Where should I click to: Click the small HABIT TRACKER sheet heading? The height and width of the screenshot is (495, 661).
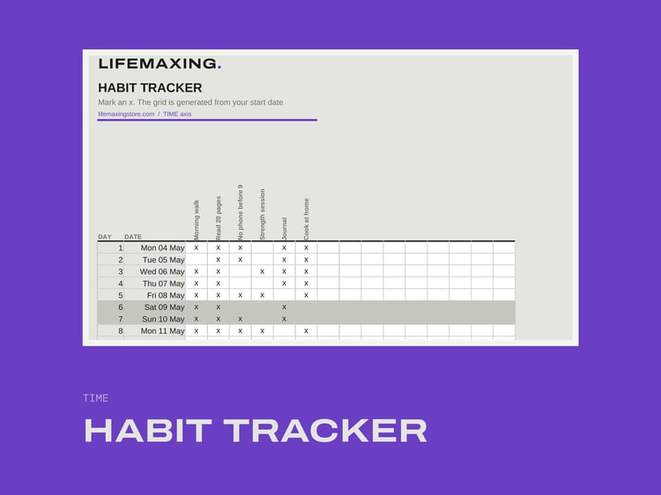point(150,87)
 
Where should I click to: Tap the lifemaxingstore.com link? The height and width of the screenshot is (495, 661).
point(126,115)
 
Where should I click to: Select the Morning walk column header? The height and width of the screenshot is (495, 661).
point(197,220)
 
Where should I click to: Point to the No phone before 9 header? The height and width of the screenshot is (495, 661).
point(241,212)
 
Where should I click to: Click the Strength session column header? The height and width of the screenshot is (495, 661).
point(263,214)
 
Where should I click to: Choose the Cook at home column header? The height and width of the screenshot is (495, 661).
point(306,219)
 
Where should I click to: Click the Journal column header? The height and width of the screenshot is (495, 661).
point(284,229)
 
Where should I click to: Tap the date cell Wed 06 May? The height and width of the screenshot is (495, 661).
point(162,272)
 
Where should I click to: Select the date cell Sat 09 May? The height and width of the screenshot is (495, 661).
point(165,307)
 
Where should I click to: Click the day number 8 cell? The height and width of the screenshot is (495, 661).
point(121,331)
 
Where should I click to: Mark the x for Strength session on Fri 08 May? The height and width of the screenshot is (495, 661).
point(263,295)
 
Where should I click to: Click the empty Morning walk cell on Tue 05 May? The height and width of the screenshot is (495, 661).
point(197,260)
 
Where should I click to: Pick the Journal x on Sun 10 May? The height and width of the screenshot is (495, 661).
point(284,319)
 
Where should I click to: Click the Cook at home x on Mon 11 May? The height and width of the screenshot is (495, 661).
point(306,331)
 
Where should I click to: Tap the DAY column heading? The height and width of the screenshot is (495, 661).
point(105,237)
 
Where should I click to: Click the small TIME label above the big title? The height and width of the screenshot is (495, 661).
point(96,398)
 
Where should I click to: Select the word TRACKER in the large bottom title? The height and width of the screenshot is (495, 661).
point(325,431)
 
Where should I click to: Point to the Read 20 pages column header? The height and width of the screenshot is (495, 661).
point(219,218)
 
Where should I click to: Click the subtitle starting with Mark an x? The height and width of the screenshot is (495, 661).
point(190,102)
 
